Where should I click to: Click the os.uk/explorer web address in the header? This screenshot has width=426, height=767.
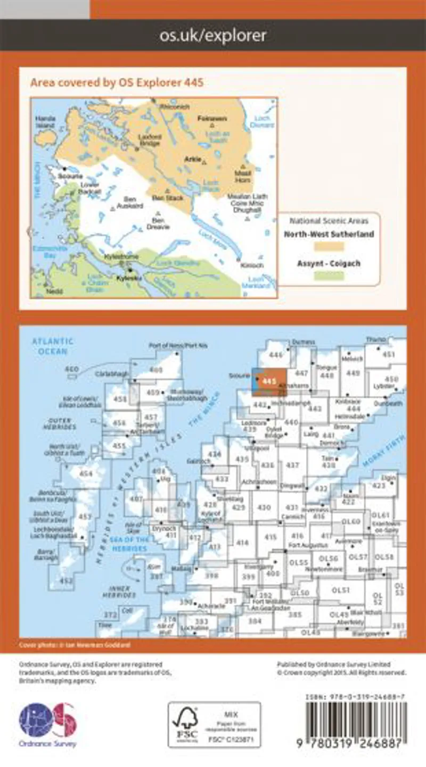point(213,36)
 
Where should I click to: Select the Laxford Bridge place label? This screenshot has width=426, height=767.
point(150,138)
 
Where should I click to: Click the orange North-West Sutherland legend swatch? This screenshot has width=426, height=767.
point(329,247)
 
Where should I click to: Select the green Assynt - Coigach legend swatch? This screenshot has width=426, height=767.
point(329,276)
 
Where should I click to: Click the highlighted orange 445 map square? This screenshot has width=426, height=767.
point(272,381)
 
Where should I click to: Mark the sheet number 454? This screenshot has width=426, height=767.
point(85,474)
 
